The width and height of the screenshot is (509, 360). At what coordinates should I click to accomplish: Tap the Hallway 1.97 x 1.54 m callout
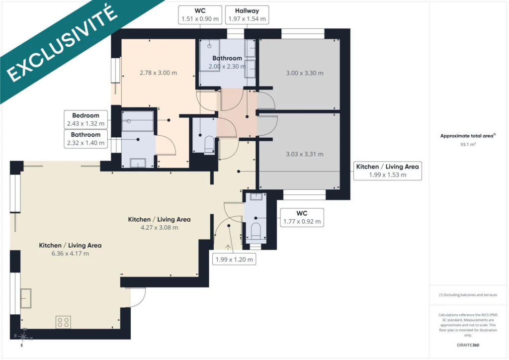point(247,15)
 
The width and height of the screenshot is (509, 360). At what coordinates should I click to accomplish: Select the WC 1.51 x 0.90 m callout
point(200,15)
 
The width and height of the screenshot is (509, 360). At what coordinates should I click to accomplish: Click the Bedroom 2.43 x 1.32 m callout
point(85,119)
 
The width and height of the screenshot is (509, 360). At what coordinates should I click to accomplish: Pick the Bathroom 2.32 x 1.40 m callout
point(85,139)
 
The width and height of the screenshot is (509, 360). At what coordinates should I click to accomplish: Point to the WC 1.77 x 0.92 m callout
point(302,217)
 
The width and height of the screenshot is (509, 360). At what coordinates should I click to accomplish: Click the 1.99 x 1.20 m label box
point(234,260)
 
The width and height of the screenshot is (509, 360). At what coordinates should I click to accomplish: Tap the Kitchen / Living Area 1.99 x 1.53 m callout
point(388,171)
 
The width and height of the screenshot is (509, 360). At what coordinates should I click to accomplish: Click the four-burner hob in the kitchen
point(63,322)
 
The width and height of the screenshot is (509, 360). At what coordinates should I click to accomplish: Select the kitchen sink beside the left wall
point(26,298)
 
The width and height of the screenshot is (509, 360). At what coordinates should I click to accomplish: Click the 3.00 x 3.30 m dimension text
point(305,73)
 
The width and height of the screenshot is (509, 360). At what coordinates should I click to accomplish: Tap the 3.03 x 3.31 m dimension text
point(305,154)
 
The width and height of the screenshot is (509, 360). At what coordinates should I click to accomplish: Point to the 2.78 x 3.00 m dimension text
point(159,73)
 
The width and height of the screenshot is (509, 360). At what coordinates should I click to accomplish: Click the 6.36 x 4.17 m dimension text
point(70,254)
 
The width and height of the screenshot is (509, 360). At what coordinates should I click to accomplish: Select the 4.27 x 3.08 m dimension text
point(160,228)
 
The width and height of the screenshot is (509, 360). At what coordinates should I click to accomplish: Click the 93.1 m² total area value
point(468,145)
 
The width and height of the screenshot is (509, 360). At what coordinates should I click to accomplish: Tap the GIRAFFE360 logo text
point(468,345)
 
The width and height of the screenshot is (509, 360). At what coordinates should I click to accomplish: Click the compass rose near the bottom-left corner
point(23,337)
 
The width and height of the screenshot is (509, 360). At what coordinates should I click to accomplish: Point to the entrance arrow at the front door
point(228,247)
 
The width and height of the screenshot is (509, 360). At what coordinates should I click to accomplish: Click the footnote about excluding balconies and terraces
point(468,295)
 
